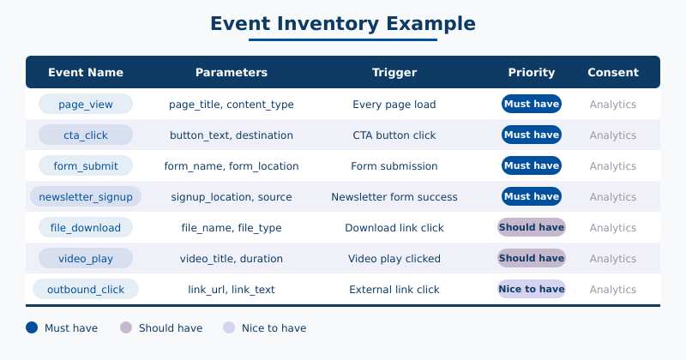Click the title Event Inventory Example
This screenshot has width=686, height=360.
click(343, 23)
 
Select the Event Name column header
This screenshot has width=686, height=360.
click(86, 73)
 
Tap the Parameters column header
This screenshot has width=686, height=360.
click(232, 73)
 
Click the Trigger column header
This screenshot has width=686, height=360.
click(394, 73)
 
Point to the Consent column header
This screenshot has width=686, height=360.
click(613, 73)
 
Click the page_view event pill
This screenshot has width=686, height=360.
click(86, 105)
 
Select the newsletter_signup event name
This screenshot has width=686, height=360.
click(86, 197)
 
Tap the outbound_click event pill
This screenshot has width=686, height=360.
click(86, 290)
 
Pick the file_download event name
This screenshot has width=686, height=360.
click(86, 228)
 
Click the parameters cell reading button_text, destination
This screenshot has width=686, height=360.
click(232, 135)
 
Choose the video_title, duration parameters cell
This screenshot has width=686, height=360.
click(232, 259)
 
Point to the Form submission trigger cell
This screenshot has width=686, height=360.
click(394, 166)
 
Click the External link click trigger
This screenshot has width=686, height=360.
click(394, 290)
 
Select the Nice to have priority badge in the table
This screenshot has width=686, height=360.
click(532, 289)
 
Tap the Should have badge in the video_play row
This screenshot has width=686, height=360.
click(532, 258)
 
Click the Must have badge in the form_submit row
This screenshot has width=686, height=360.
click(532, 165)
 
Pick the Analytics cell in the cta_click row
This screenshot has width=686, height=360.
click(613, 135)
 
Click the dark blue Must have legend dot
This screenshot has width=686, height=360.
click(32, 327)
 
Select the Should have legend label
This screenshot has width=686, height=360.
click(171, 328)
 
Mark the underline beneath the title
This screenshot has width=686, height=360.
click(343, 39)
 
